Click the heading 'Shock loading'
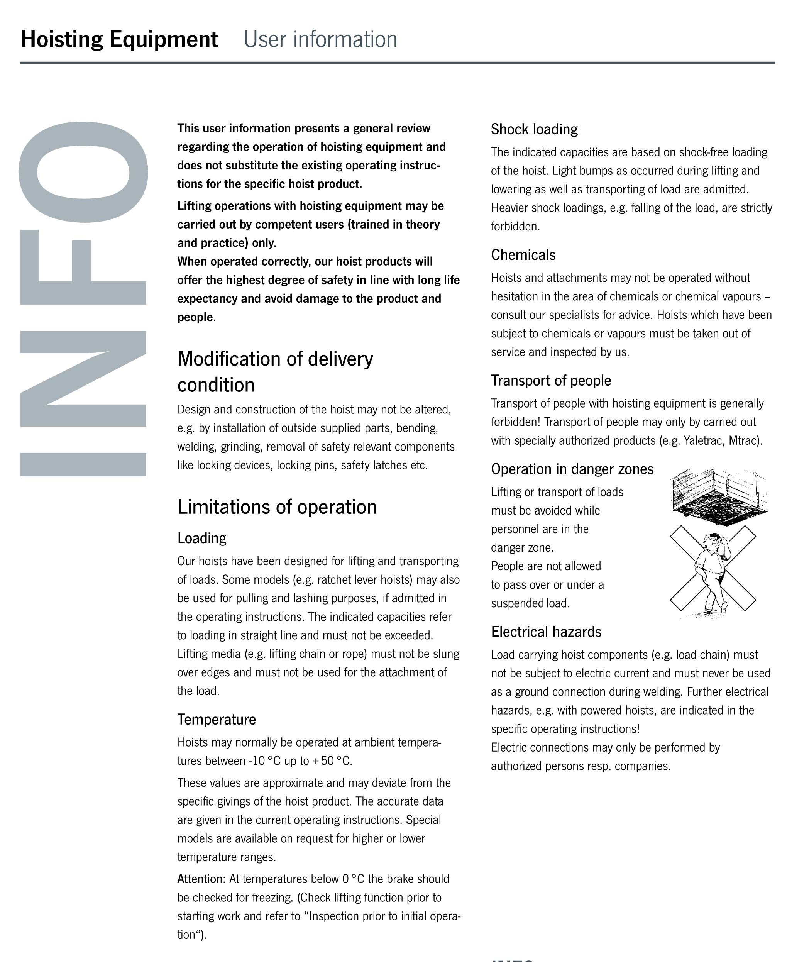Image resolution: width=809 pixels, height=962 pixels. click(534, 129)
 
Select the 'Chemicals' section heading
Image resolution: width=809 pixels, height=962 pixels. click(523, 255)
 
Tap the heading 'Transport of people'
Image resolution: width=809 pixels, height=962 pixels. click(550, 381)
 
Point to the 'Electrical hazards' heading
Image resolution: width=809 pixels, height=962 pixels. click(546, 632)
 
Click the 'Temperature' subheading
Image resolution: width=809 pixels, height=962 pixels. click(217, 719)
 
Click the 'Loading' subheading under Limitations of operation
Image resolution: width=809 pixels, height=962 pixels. click(202, 538)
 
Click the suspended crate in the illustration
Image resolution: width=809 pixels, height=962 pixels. click(718, 492)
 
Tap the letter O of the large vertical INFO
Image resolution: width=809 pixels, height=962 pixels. click(83, 172)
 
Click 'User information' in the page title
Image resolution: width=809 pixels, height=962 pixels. click(320, 39)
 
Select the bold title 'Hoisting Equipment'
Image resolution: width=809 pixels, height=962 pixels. click(119, 39)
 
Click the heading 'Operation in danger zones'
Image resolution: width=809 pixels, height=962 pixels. click(572, 469)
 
